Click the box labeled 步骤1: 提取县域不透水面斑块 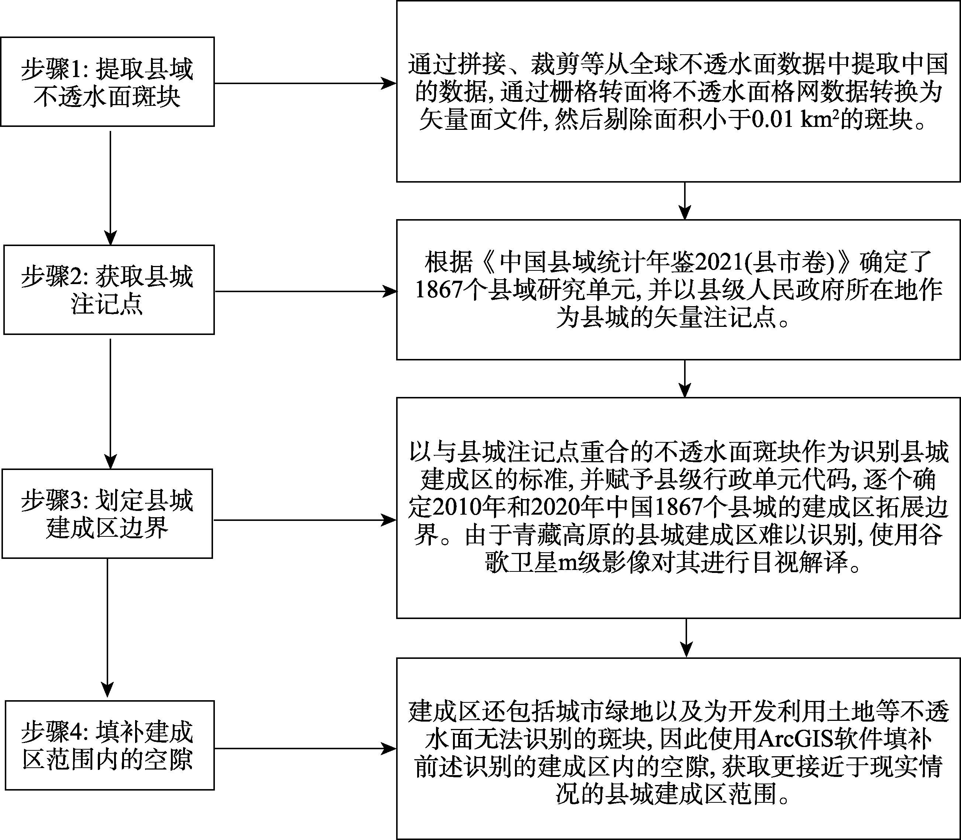click(107, 82)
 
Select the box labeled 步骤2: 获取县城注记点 click(109, 290)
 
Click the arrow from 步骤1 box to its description click(305, 84)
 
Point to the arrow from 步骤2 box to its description click(305, 291)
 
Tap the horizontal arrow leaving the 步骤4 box click(305, 749)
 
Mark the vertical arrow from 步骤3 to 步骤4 click(108, 628)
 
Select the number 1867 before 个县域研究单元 click(439, 290)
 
